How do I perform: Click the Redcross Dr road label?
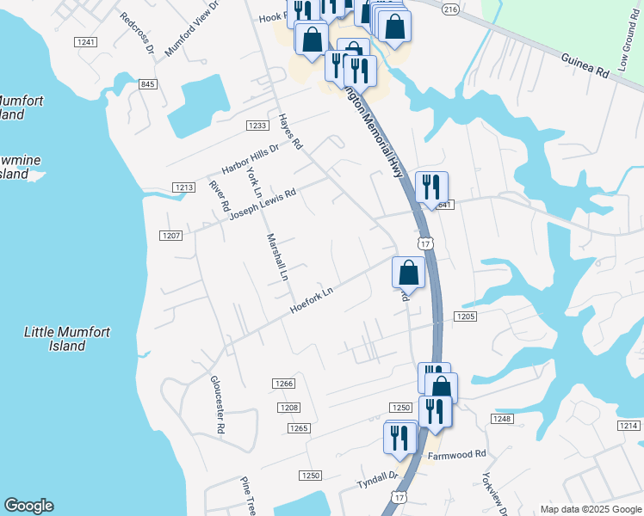click(x=137, y=34)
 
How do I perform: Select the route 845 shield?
click(x=147, y=83)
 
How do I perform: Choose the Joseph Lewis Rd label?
click(x=263, y=205)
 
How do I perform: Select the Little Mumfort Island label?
click(x=67, y=339)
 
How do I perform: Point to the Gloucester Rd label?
click(x=218, y=404)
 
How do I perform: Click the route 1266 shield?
click(x=283, y=384)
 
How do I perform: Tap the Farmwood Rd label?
click(x=457, y=454)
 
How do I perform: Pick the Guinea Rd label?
click(x=585, y=64)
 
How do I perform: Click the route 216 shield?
click(x=449, y=9)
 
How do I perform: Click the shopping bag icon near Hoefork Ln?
click(x=408, y=273)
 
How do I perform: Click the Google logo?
click(x=28, y=506)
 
